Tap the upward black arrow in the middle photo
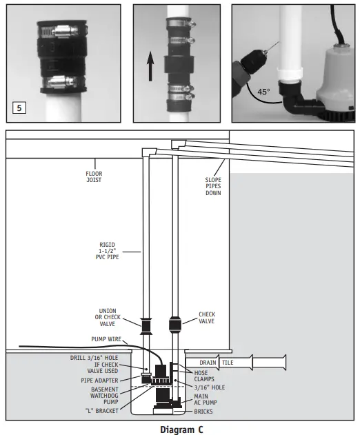(150, 67)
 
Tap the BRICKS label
(203, 412)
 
